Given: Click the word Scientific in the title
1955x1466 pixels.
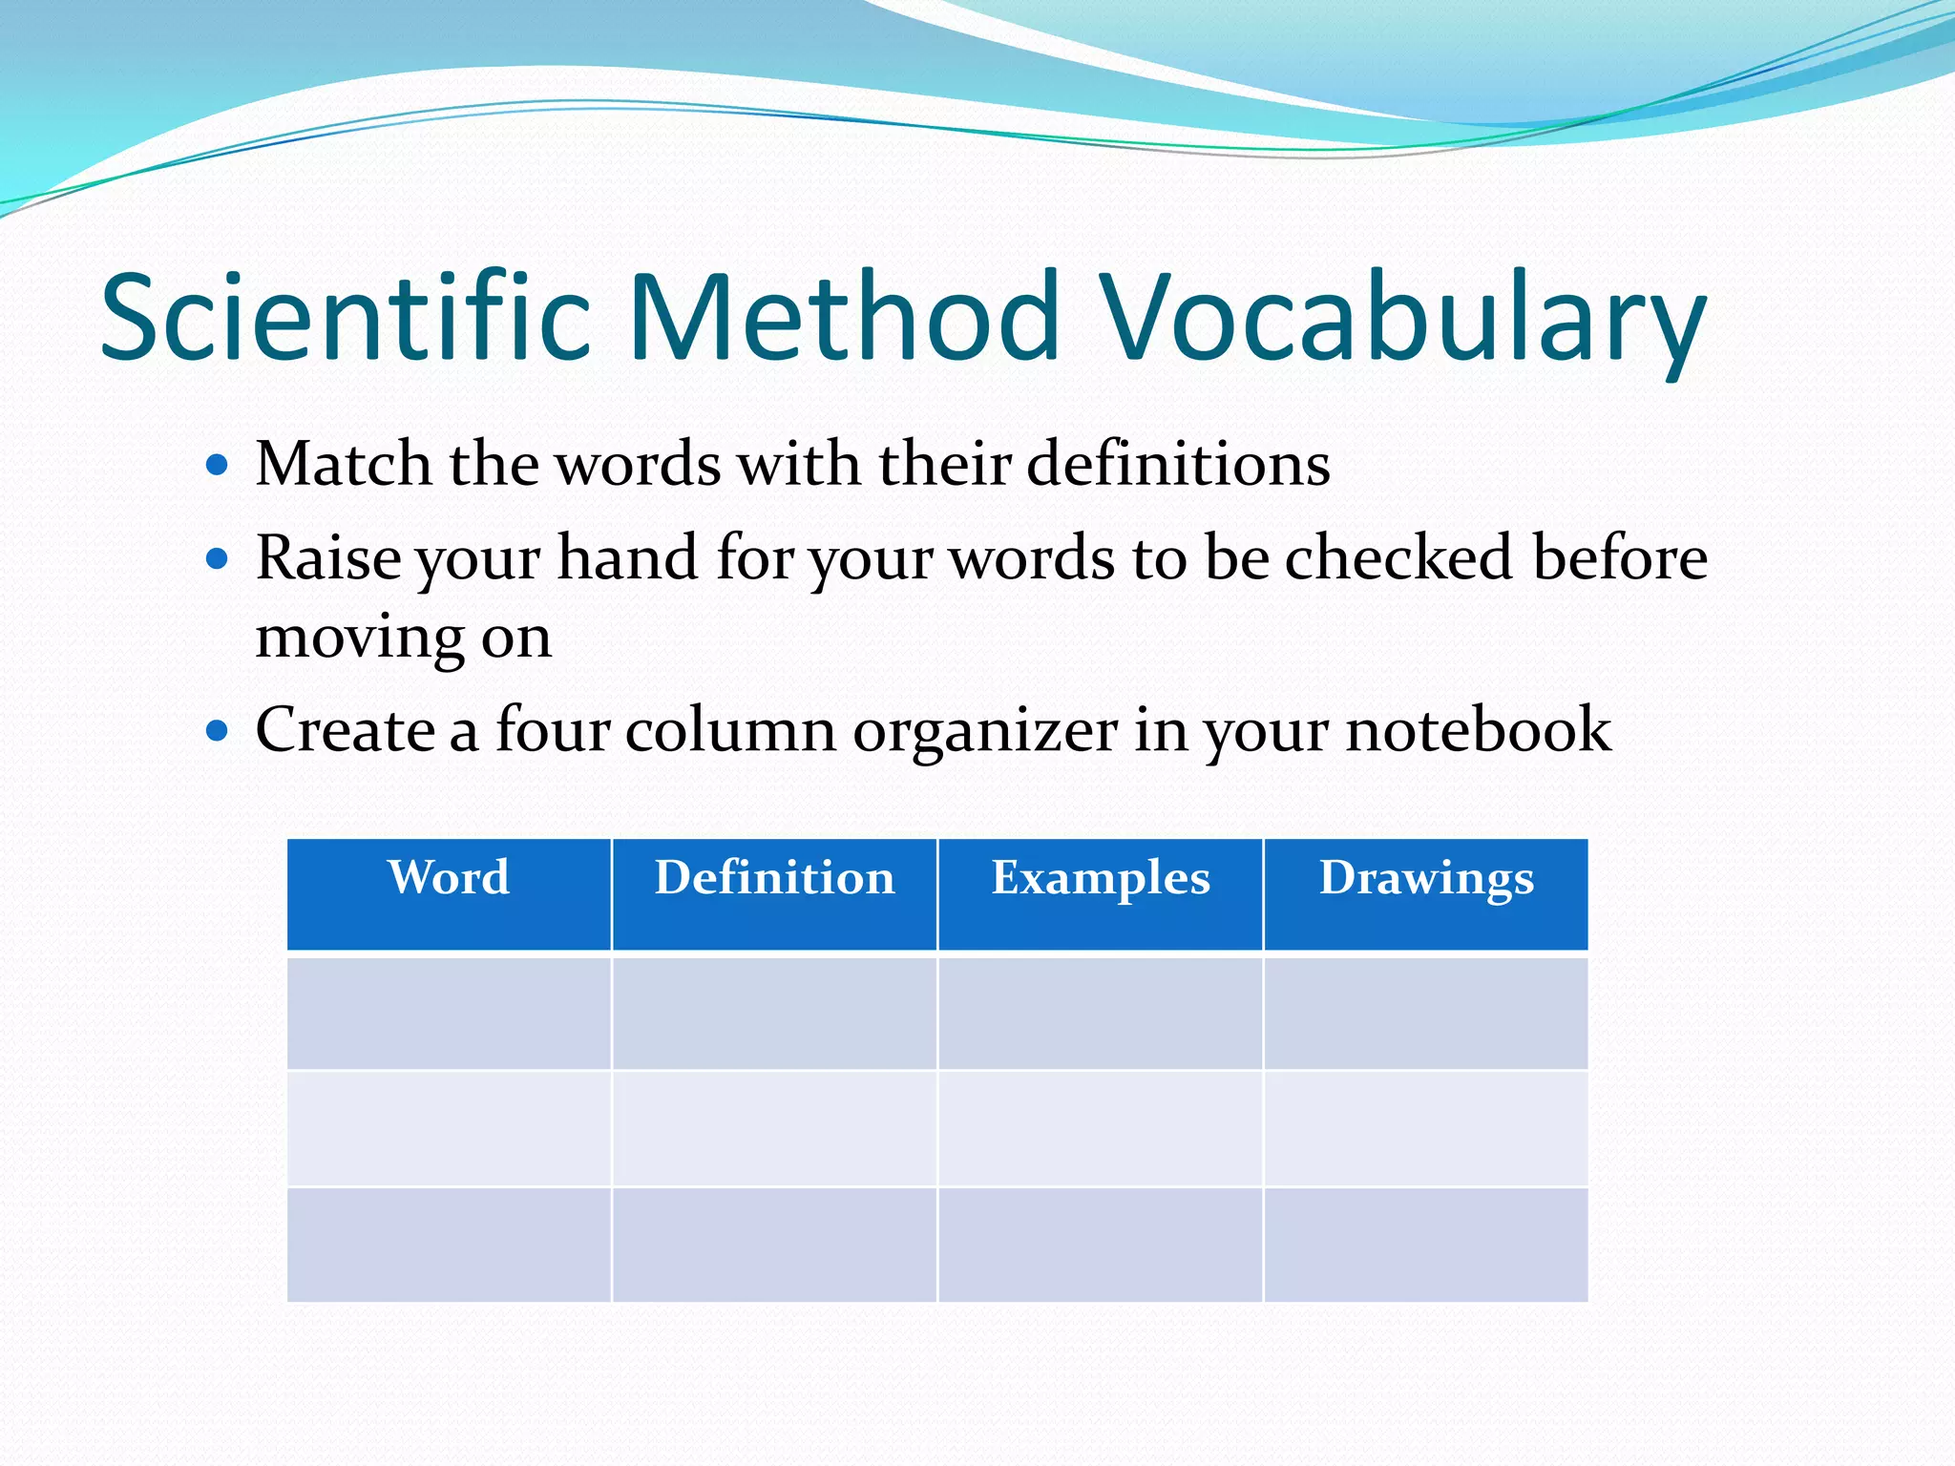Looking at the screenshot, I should (346, 317).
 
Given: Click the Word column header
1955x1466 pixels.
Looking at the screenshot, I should (449, 878).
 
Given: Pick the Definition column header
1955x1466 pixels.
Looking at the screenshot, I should (774, 878).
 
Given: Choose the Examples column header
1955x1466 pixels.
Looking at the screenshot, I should (1101, 878).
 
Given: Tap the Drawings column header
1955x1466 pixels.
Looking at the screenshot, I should (1426, 878).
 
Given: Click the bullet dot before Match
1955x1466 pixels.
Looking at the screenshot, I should (218, 466).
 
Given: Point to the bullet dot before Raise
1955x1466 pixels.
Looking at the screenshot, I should (218, 558).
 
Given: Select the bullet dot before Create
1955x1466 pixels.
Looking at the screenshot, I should (218, 731).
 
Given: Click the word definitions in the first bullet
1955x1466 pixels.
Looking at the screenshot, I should (1178, 465).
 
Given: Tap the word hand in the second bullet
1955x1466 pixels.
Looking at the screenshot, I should (627, 557).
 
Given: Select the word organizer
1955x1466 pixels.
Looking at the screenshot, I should (985, 731).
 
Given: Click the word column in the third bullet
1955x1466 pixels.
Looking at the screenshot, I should (730, 731).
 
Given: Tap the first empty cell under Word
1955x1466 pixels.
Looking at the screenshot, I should (449, 1014).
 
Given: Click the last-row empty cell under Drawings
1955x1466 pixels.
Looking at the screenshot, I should (1426, 1245).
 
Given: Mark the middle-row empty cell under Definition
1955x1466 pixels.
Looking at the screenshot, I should (774, 1129).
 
